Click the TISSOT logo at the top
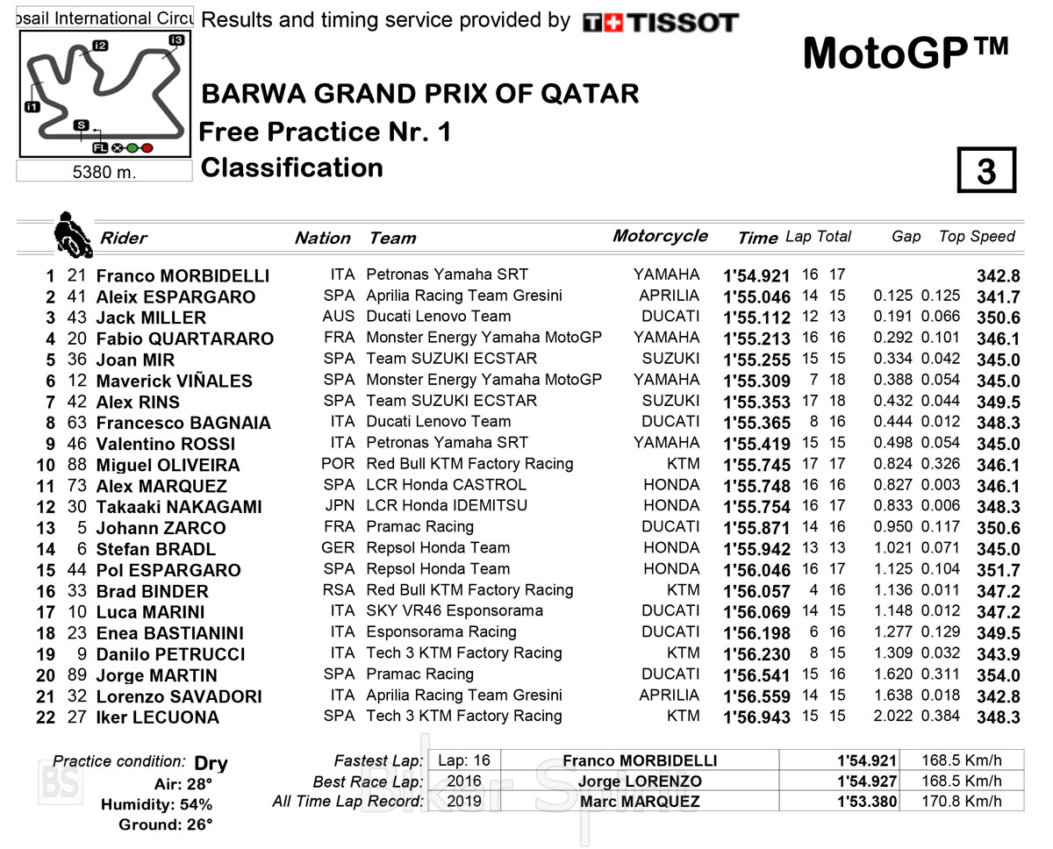point(661,23)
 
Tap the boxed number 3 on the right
point(986,170)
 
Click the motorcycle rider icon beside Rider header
point(71,233)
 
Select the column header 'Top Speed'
point(976,236)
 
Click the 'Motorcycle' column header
point(660,236)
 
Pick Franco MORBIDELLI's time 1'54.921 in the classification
point(756,275)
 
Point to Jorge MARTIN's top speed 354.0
point(998,675)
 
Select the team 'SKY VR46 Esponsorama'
point(454,611)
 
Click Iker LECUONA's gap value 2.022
point(892,717)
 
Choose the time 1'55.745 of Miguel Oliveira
point(756,465)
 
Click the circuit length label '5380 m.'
point(104,172)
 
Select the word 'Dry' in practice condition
point(211,763)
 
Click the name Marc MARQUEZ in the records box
point(640,802)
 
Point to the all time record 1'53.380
point(866,802)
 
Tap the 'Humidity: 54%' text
point(156,804)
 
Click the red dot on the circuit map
point(147,148)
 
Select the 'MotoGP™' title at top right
point(906,54)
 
